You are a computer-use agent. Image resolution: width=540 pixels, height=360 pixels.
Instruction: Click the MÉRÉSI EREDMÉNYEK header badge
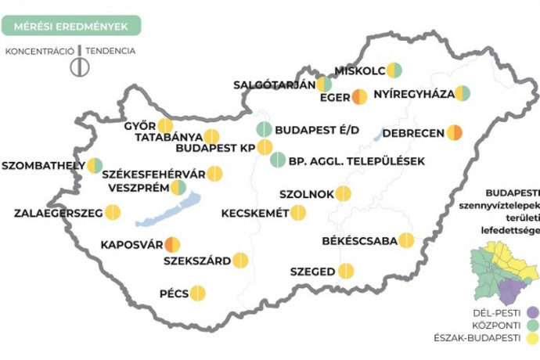click(x=70, y=25)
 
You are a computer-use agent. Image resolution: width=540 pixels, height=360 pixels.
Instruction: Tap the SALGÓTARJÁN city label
click(x=274, y=84)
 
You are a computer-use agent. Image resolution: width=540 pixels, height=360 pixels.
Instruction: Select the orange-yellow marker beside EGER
click(x=359, y=97)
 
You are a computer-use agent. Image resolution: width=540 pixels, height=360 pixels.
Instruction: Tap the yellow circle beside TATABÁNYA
click(x=211, y=137)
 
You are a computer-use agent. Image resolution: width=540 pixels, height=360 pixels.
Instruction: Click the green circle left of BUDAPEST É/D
click(x=265, y=130)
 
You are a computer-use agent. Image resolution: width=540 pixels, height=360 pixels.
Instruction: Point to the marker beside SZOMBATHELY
click(x=95, y=165)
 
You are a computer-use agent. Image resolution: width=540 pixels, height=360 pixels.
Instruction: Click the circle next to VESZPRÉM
click(x=178, y=187)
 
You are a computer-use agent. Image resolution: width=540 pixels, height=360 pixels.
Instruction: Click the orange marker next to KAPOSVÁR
click(x=172, y=244)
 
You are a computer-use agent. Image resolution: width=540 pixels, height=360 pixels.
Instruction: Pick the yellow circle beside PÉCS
click(x=197, y=293)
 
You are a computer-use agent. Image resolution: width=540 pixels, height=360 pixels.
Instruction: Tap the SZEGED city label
click(x=312, y=272)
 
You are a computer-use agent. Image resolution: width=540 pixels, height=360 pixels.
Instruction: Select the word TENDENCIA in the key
click(x=113, y=52)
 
